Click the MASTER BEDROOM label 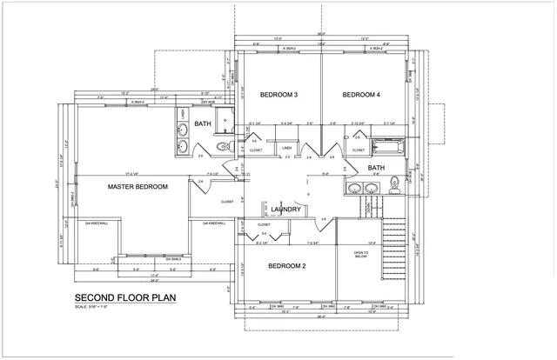(137, 187)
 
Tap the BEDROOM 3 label (278, 94)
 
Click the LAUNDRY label (286, 210)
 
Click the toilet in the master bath (221, 146)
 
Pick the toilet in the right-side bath (394, 183)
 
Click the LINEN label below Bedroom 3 (286, 148)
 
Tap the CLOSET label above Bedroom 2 (264, 224)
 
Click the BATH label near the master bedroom (202, 124)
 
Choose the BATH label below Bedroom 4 (376, 167)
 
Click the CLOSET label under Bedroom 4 (359, 150)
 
